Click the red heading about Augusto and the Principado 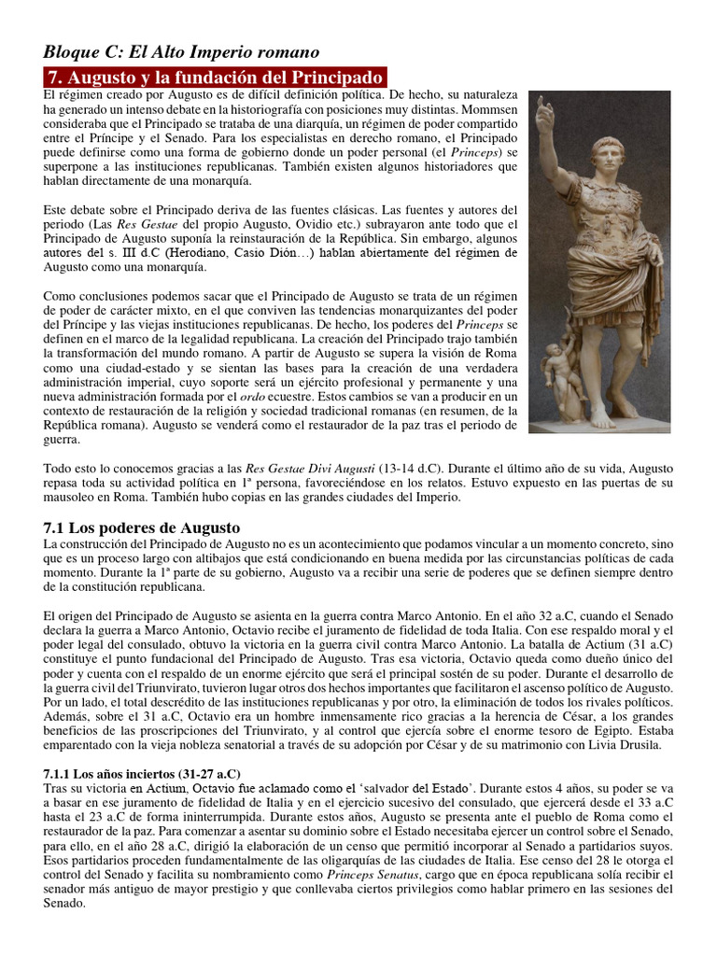coord(215,77)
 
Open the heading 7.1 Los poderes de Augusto coord(142,527)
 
